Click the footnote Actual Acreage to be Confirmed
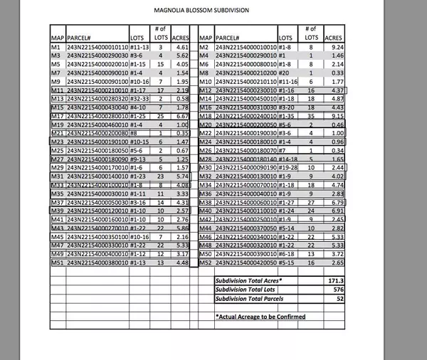pyautogui.click(x=260, y=316)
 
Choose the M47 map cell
pyautogui.click(x=56, y=245)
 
